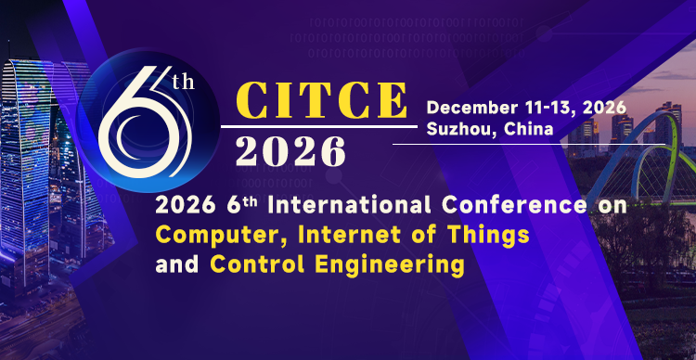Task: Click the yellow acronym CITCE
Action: (x=322, y=100)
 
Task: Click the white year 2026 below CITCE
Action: (x=290, y=151)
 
